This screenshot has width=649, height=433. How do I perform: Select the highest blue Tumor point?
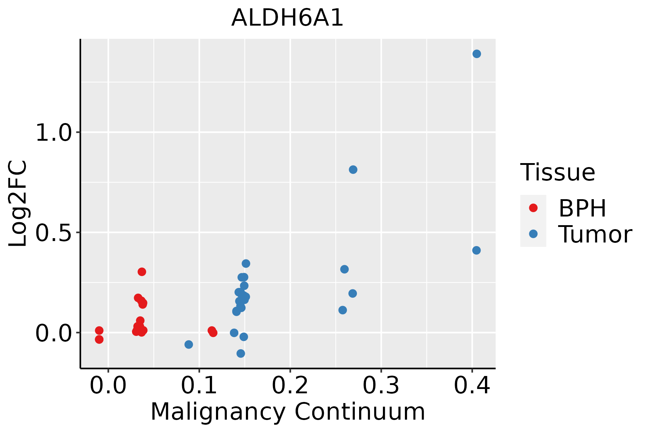pyautogui.click(x=477, y=54)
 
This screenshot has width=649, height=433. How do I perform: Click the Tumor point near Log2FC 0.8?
pyautogui.click(x=353, y=170)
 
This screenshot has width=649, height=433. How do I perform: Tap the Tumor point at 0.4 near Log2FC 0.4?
pyautogui.click(x=476, y=250)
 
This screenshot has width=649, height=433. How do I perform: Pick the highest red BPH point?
pyautogui.click(x=142, y=272)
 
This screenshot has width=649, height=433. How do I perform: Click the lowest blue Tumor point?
pyautogui.click(x=241, y=353)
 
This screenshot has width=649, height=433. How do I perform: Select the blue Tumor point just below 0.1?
pyautogui.click(x=189, y=345)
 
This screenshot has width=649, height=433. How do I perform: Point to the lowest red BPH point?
pyautogui.click(x=99, y=340)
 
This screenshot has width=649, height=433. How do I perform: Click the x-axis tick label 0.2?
pyautogui.click(x=290, y=386)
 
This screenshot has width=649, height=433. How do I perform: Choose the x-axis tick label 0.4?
pyautogui.click(x=472, y=386)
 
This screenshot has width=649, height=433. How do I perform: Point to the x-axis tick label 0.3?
pyautogui.click(x=381, y=386)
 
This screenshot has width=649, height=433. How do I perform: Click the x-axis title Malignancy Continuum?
pyautogui.click(x=288, y=412)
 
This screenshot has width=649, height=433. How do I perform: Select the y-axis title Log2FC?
pyautogui.click(x=18, y=204)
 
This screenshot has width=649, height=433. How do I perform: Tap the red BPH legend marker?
pyautogui.click(x=533, y=208)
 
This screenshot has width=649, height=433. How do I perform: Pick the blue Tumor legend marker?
pyautogui.click(x=533, y=234)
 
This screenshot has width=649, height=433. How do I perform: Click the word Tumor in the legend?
pyautogui.click(x=595, y=235)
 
